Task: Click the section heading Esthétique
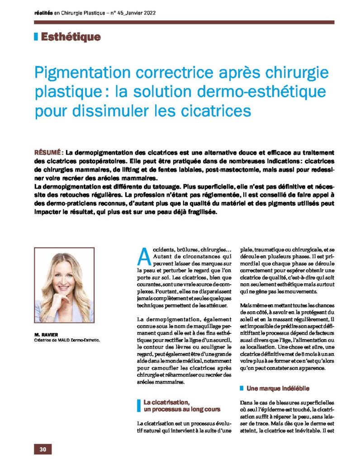point(71,37)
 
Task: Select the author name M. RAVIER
point(43,334)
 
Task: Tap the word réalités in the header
point(44,13)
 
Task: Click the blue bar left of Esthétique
point(36,37)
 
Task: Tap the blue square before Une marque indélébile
point(242,388)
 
